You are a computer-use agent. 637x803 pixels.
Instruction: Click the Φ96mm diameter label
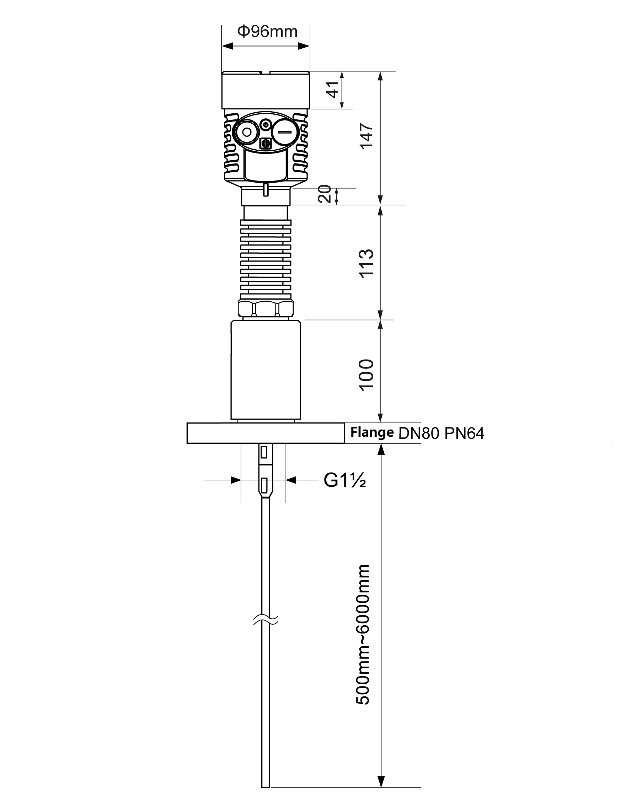pos(267,32)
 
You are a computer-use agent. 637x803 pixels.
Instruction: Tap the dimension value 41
pos(332,90)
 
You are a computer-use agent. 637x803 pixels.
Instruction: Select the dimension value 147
pos(366,136)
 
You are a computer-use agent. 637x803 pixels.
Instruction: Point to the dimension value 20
pos(325,194)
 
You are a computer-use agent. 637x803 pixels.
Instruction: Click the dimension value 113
pos(366,263)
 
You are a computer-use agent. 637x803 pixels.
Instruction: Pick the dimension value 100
pos(366,375)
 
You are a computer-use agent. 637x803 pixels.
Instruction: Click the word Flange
pos(372,432)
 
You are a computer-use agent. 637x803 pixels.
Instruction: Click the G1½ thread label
pos(344,480)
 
